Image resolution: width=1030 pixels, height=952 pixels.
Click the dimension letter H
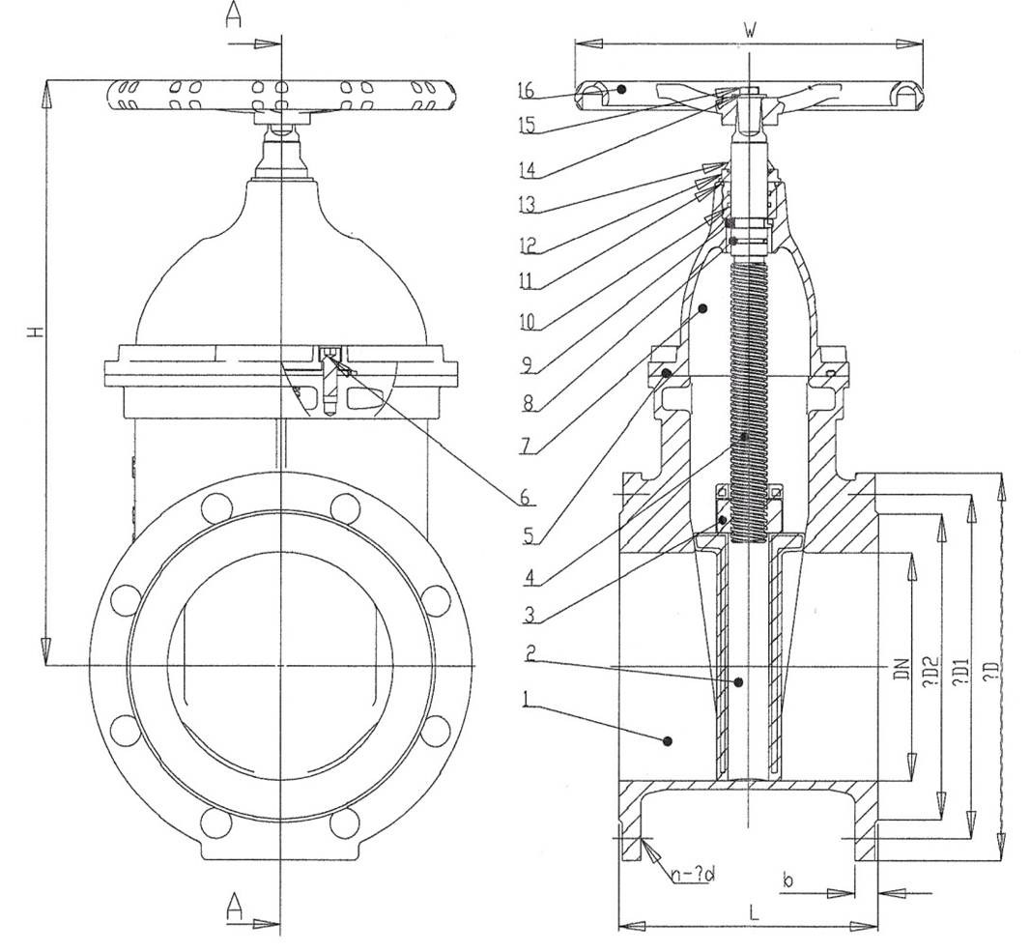(x=36, y=332)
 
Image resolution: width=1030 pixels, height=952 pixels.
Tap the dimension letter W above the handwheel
(x=749, y=31)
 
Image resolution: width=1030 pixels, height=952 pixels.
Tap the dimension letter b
(x=788, y=880)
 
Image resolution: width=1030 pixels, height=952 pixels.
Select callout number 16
(x=526, y=90)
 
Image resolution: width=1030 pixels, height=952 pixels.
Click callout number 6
(x=525, y=497)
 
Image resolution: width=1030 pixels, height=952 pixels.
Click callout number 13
(x=526, y=205)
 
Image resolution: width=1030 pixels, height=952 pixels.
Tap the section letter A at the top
(x=234, y=16)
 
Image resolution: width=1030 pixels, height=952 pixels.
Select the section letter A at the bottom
(x=234, y=906)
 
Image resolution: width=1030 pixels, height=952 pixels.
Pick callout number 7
(x=525, y=447)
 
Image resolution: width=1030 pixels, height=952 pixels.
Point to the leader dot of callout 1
(x=667, y=741)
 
